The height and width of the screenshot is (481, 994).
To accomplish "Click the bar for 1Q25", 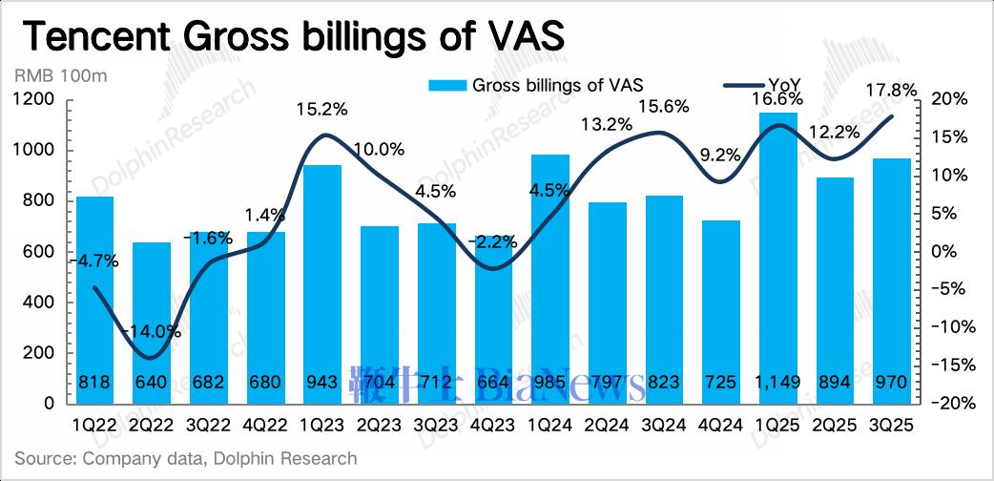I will (x=778, y=258).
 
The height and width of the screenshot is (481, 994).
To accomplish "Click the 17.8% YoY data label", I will (x=891, y=91).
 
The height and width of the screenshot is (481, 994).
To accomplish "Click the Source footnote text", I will (x=185, y=459).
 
